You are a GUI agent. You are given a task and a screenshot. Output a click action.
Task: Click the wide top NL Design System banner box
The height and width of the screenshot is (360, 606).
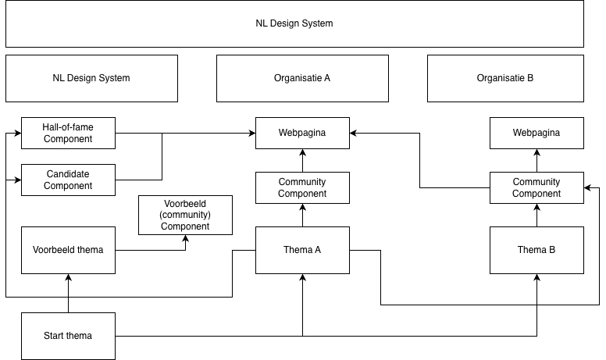(294, 23)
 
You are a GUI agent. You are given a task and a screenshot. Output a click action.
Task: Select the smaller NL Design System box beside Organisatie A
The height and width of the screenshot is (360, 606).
(91, 78)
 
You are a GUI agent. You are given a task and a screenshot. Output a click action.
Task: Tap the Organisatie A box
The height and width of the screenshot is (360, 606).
(302, 78)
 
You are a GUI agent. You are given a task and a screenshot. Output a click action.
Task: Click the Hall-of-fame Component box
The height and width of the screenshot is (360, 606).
(68, 133)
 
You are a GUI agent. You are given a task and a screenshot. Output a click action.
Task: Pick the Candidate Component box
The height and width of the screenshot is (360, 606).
(68, 180)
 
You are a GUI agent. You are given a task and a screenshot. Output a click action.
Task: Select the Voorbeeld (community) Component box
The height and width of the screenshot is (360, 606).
(185, 215)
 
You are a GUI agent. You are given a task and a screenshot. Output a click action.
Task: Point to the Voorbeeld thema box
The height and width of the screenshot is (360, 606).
(68, 250)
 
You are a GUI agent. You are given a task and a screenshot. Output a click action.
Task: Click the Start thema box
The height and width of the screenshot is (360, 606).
(68, 336)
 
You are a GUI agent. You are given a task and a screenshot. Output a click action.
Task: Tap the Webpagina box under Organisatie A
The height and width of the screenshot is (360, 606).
(302, 133)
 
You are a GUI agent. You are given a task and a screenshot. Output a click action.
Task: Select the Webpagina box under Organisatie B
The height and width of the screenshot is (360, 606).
(536, 133)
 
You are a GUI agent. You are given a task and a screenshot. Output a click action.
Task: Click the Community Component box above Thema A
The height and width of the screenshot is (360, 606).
(302, 187)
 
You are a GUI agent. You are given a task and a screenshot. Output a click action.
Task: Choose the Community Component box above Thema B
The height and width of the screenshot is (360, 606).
(536, 187)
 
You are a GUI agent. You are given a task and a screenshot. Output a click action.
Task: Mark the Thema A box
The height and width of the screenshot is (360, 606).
(302, 250)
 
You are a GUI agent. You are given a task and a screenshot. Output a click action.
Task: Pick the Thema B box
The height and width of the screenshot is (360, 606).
(536, 250)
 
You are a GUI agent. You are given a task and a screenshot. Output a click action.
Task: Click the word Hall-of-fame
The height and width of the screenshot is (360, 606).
(68, 127)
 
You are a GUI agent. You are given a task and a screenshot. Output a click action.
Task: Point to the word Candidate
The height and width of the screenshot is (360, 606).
(68, 174)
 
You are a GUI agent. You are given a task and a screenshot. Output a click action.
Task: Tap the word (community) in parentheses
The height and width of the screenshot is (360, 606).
(185, 215)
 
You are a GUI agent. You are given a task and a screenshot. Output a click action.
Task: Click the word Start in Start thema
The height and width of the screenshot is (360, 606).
(55, 336)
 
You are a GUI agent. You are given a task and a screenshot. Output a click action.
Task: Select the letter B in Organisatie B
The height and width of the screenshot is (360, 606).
(530, 78)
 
